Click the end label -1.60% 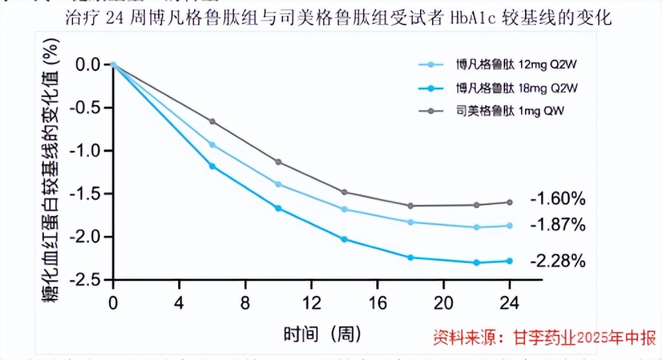pos(558,199)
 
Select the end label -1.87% pos(558,225)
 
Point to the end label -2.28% pos(558,261)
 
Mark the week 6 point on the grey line pos(213,122)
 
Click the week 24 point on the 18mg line pos(510,261)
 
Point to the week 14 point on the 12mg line pos(344,209)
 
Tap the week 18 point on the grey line pos(411,206)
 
